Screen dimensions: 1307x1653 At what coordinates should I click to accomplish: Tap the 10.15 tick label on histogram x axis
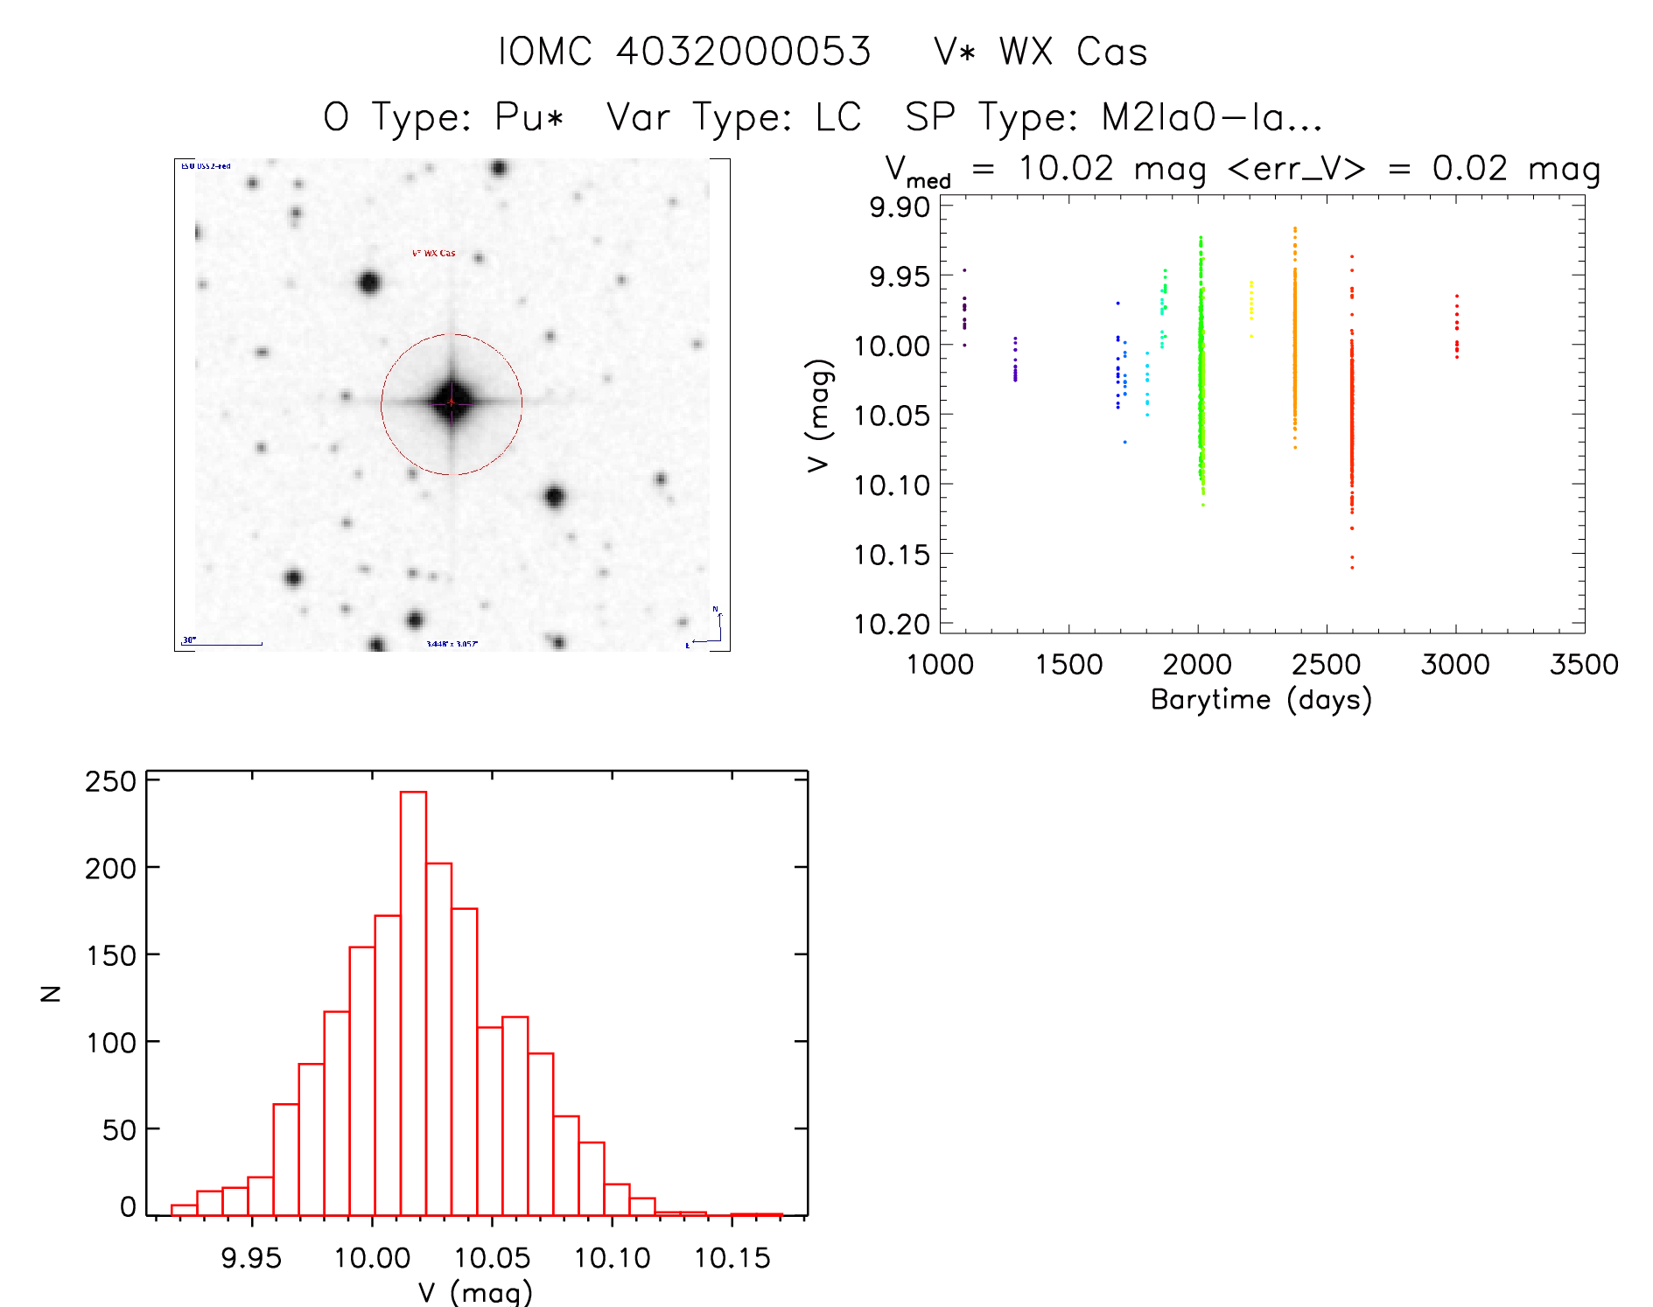click(x=732, y=1258)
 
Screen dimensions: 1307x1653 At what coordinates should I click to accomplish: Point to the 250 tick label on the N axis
click(x=110, y=781)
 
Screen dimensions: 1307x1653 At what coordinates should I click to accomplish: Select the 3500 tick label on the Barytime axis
click(x=1583, y=665)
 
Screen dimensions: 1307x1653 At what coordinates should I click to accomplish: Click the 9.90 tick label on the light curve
click(x=899, y=207)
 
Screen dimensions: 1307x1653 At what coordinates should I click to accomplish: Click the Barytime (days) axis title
click(x=1260, y=700)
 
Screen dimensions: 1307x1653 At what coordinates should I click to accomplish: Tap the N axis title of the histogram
click(x=51, y=993)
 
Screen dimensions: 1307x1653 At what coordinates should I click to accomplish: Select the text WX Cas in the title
click(x=1073, y=52)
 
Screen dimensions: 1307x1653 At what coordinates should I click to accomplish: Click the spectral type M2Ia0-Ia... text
click(x=1211, y=117)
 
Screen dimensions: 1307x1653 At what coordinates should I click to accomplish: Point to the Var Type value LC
click(x=838, y=117)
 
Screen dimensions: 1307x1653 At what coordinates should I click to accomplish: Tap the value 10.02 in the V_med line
click(x=1065, y=168)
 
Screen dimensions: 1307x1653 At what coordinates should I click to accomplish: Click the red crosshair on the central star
click(x=452, y=402)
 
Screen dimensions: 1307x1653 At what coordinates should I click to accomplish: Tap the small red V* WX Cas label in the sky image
click(x=433, y=254)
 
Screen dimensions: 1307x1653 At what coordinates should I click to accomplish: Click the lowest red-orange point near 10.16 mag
click(x=1352, y=567)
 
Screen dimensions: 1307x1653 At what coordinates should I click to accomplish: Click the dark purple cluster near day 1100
click(x=964, y=311)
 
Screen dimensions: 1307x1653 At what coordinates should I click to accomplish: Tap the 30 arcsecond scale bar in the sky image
click(x=222, y=644)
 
